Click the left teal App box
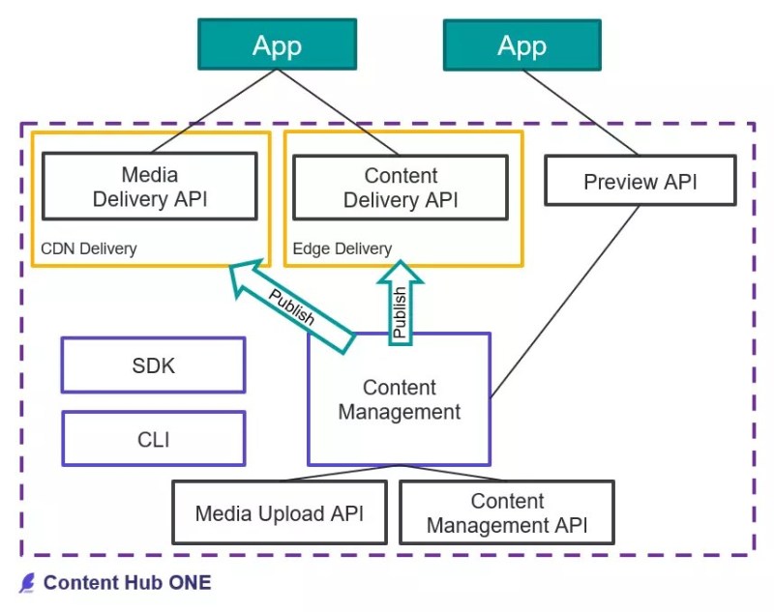(x=277, y=45)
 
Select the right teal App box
(x=521, y=45)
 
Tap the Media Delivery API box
(x=149, y=187)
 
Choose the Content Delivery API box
(x=401, y=187)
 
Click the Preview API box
(x=640, y=182)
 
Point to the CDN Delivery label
(x=88, y=248)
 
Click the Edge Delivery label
(x=342, y=248)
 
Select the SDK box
(x=153, y=365)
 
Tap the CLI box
(x=153, y=439)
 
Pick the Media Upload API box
(x=279, y=512)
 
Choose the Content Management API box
(x=506, y=512)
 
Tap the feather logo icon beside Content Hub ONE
(x=27, y=582)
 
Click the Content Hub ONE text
(x=127, y=582)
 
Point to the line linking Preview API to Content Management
(x=566, y=300)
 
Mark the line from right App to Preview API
(x=580, y=111)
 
